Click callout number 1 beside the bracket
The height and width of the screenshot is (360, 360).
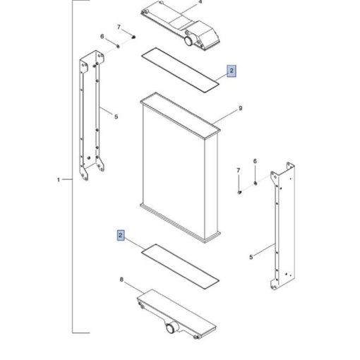[59, 180]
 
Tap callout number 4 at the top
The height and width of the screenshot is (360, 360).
[200, 2]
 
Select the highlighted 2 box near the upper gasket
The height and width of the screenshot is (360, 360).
[232, 71]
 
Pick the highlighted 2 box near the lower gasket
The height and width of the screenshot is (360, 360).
[121, 235]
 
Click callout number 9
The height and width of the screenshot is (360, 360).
[240, 108]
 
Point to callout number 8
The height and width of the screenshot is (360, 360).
[121, 280]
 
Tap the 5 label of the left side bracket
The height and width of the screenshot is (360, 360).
[116, 116]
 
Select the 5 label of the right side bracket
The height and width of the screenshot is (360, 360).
[251, 257]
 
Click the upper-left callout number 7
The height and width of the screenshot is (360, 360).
[119, 28]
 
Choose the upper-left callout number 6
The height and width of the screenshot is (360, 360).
[102, 36]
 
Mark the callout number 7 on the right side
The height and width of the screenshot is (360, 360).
[239, 170]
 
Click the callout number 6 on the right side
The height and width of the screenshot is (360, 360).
[255, 161]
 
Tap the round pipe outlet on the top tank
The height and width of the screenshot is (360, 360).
[189, 40]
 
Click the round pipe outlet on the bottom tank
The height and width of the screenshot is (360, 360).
[171, 328]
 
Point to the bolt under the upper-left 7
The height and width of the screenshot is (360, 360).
[133, 37]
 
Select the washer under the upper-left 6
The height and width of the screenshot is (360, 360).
[118, 47]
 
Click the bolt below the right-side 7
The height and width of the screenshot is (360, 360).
[239, 193]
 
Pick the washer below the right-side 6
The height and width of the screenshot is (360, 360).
[256, 183]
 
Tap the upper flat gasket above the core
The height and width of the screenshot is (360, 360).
[180, 70]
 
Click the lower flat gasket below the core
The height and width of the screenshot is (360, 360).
[180, 266]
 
